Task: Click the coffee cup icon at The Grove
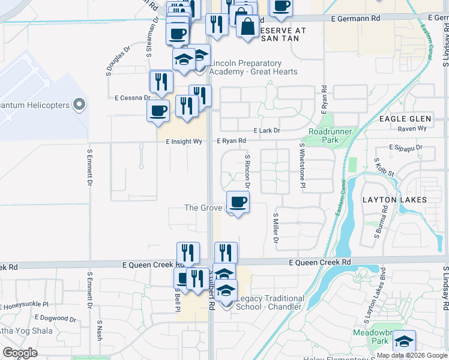pos(238,202)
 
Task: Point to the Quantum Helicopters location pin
pos(78,105)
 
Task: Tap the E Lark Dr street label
pos(267,130)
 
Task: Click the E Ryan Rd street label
pos(232,141)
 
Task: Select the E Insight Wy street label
pos(184,142)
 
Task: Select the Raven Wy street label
pos(412,128)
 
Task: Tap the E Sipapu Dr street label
pos(406,147)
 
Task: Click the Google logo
pos(20,353)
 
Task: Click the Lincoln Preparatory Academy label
pos(253,67)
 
